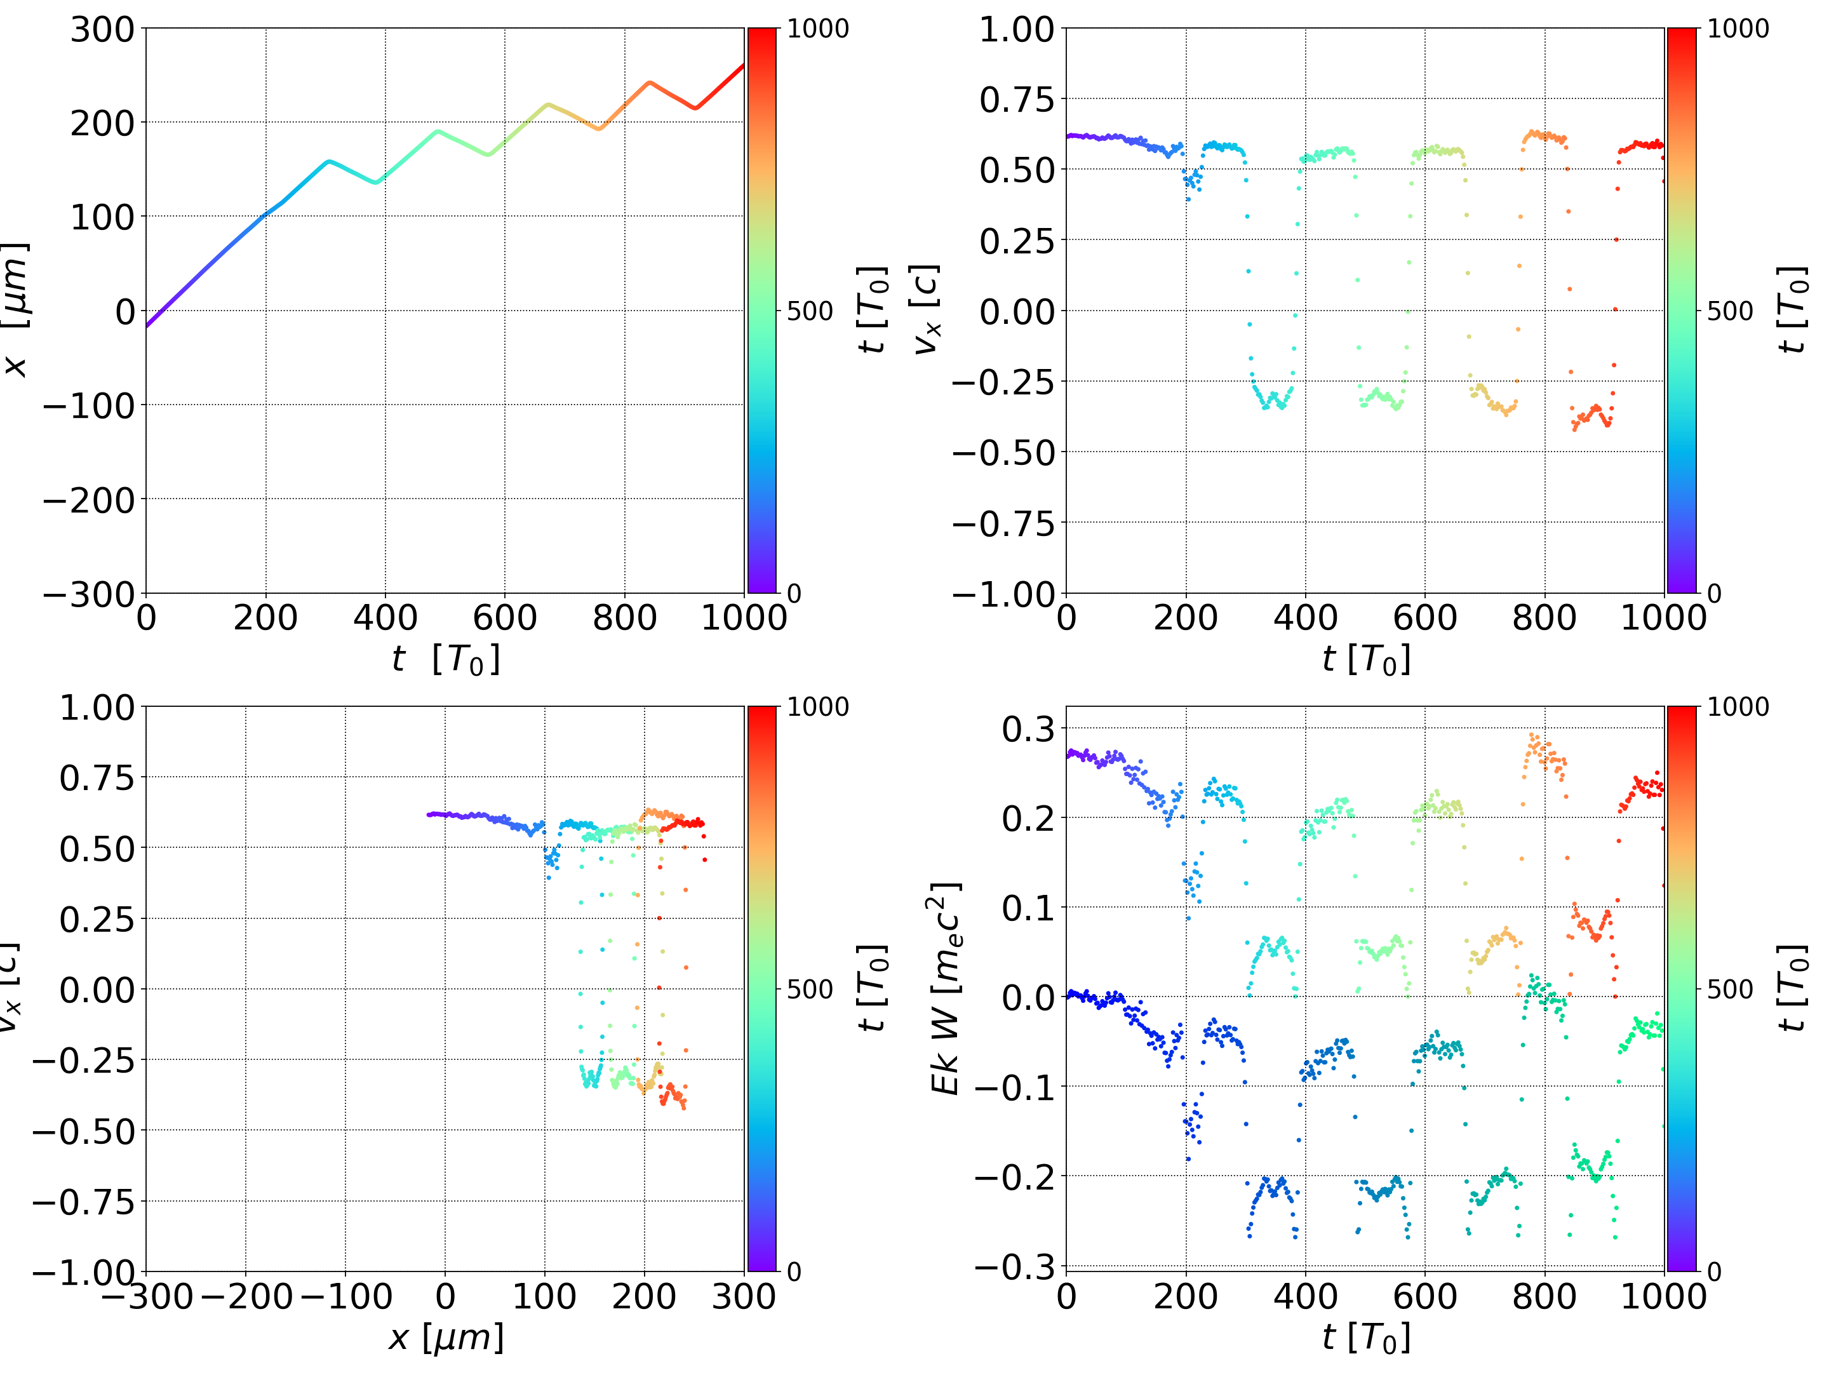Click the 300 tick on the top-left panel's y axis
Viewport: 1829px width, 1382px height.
(102, 30)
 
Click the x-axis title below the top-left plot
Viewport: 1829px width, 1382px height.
(446, 660)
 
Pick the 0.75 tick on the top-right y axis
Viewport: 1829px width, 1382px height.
(1017, 100)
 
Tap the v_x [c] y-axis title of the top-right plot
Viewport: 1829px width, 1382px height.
(926, 310)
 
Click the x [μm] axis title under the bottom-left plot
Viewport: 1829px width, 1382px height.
(446, 1338)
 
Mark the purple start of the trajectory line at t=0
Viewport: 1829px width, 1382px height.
(147, 326)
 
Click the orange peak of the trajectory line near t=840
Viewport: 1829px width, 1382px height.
(650, 83)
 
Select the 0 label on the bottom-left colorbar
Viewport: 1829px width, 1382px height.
(794, 1272)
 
